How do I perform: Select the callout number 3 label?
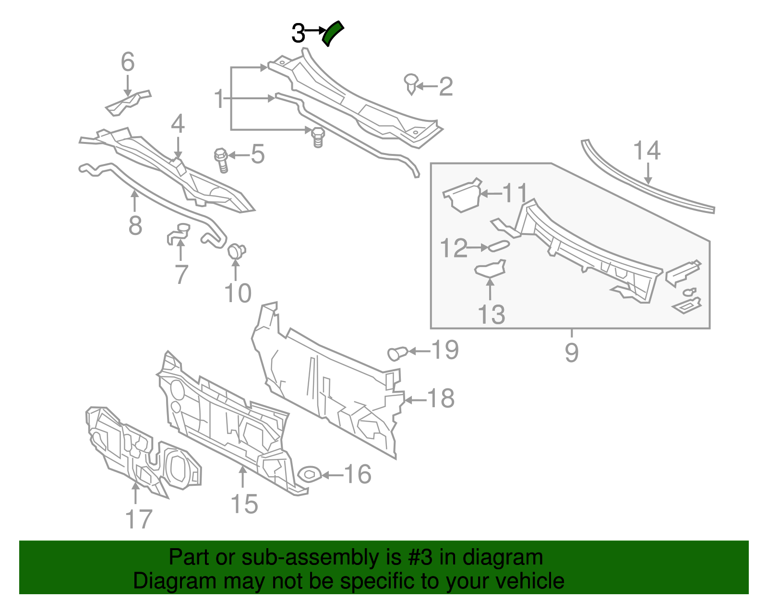pyautogui.click(x=298, y=34)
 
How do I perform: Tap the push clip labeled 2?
pyautogui.click(x=411, y=84)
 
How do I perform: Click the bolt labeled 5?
pyautogui.click(x=222, y=160)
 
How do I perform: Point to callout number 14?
pyautogui.click(x=647, y=151)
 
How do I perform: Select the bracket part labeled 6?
pyautogui.click(x=127, y=102)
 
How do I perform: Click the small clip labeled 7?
pyautogui.click(x=178, y=234)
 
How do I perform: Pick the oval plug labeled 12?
pyautogui.click(x=499, y=247)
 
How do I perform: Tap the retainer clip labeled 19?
pyautogui.click(x=397, y=353)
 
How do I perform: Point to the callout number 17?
pyautogui.click(x=138, y=519)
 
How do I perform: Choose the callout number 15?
pyautogui.click(x=244, y=504)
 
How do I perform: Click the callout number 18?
pyautogui.click(x=441, y=398)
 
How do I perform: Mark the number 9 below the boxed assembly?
pyautogui.click(x=571, y=352)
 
